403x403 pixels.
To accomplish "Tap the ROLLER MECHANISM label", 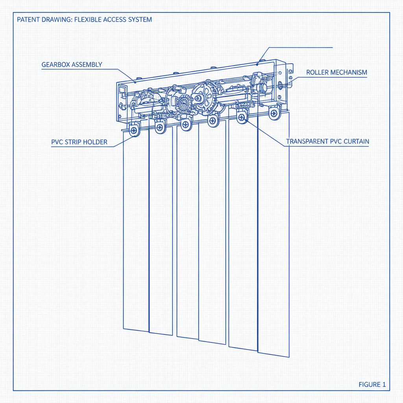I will tap(336, 72).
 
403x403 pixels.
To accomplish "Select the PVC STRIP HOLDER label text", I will tap(79, 142).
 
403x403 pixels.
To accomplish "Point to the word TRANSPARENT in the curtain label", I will tap(309, 141).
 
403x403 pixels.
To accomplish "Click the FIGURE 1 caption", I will tap(372, 385).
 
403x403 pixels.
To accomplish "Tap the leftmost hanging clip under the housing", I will tap(134, 130).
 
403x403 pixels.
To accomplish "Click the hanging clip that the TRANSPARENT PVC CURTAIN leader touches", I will tap(241, 117).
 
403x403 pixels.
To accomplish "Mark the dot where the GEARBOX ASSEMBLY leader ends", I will tap(135, 82).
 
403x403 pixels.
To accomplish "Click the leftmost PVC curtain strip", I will tap(136, 232).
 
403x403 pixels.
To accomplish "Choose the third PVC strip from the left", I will tap(188, 232).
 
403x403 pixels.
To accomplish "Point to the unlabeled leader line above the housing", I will tap(299, 48).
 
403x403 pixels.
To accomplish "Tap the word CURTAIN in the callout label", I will tap(356, 141).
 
